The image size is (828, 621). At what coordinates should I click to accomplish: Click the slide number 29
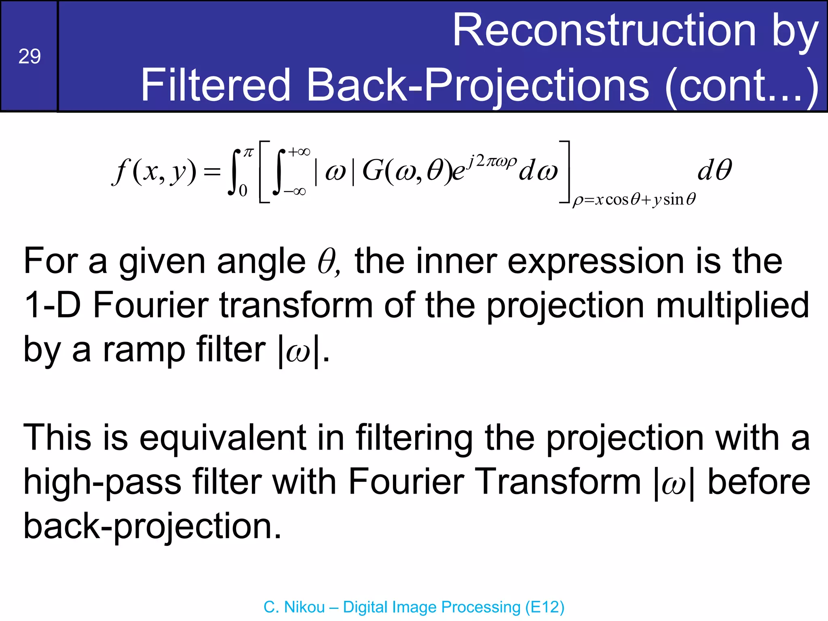[30, 56]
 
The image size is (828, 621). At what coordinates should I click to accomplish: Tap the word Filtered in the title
[215, 85]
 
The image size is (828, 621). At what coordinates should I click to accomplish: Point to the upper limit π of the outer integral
[248, 152]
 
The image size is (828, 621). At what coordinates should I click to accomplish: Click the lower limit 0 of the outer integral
[243, 190]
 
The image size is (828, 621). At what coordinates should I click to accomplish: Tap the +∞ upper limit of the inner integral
[299, 152]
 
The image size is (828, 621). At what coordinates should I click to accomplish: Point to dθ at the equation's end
[714, 170]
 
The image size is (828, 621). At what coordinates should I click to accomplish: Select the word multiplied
[732, 306]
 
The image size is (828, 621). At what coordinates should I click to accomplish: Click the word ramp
[144, 350]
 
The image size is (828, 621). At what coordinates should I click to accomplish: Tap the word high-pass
[102, 482]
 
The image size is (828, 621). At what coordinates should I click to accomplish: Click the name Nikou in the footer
[304, 607]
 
